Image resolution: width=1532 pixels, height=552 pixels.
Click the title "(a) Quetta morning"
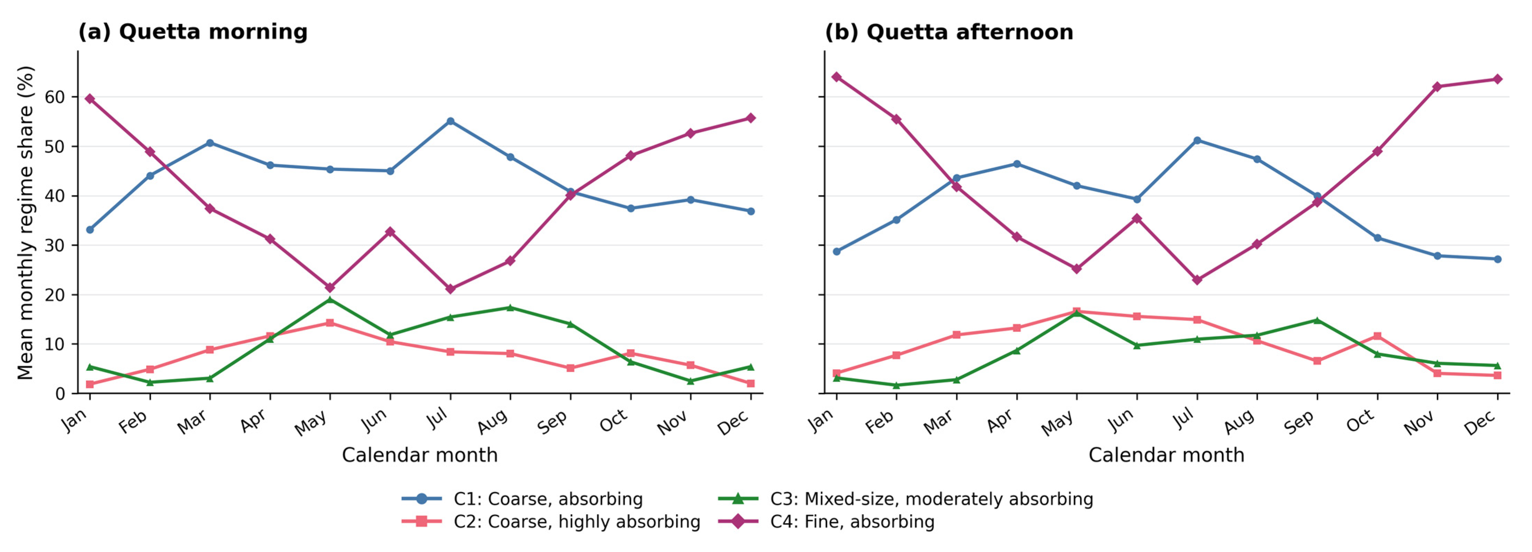(x=193, y=32)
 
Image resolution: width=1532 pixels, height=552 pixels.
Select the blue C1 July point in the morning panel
(x=450, y=121)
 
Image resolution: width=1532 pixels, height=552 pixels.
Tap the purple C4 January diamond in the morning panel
(x=90, y=99)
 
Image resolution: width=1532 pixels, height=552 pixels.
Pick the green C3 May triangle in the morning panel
(x=330, y=299)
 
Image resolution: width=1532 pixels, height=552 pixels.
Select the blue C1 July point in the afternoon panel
(x=1197, y=140)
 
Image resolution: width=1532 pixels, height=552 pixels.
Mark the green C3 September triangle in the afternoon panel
(x=1317, y=320)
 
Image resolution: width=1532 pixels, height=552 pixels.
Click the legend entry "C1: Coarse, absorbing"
(x=522, y=499)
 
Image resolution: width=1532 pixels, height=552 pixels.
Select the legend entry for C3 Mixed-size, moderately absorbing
(x=905, y=499)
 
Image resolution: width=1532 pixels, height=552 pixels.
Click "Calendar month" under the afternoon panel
(x=1166, y=455)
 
